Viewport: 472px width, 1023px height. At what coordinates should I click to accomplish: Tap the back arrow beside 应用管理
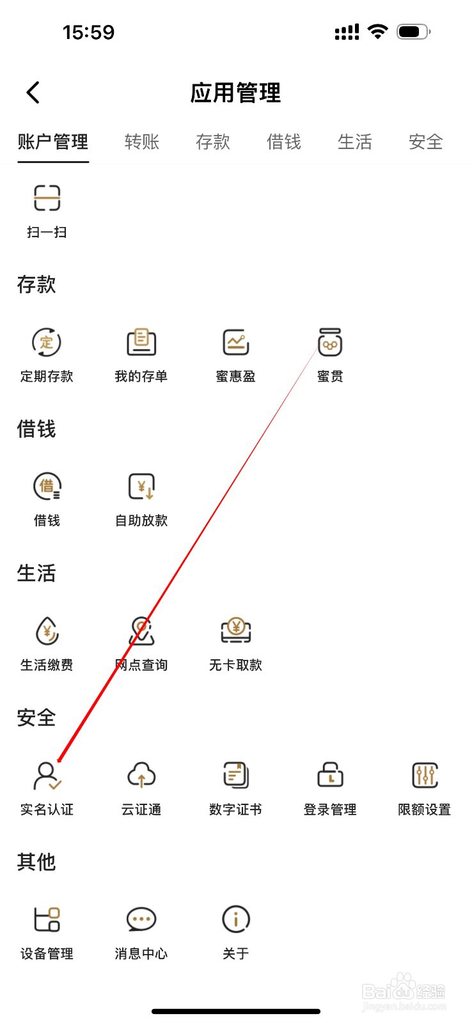[x=33, y=93]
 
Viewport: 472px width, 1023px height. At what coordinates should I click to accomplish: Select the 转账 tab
[x=141, y=141]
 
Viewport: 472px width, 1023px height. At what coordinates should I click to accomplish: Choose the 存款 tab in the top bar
[x=212, y=141]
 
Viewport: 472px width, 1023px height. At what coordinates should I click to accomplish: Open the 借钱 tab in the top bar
[x=283, y=141]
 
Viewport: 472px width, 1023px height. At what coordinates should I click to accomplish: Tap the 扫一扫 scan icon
[x=47, y=198]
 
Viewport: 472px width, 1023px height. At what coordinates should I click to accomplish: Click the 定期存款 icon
[x=47, y=343]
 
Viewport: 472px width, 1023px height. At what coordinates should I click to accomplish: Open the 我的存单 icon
[x=141, y=343]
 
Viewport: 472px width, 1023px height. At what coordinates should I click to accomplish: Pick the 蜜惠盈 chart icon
[x=235, y=343]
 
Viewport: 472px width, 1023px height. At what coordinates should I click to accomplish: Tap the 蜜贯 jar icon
[x=330, y=343]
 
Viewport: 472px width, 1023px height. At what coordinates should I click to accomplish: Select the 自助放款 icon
[x=141, y=487]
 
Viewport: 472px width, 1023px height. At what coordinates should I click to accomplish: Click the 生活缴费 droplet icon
[x=47, y=631]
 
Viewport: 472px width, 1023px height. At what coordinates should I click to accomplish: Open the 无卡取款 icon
[x=235, y=631]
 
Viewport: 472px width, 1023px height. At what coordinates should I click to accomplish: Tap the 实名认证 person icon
[x=47, y=776]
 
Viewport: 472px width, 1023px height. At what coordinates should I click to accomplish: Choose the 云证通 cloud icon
[x=141, y=776]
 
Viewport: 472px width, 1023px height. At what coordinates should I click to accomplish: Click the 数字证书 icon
[x=235, y=776]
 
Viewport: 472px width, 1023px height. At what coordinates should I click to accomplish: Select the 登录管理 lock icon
[x=330, y=776]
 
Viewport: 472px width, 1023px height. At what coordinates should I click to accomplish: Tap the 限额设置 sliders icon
[x=424, y=776]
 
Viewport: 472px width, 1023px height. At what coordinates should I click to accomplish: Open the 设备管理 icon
[x=47, y=919]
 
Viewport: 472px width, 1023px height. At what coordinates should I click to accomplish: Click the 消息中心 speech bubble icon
[x=141, y=919]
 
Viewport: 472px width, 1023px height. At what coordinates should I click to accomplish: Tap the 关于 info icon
[x=235, y=919]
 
